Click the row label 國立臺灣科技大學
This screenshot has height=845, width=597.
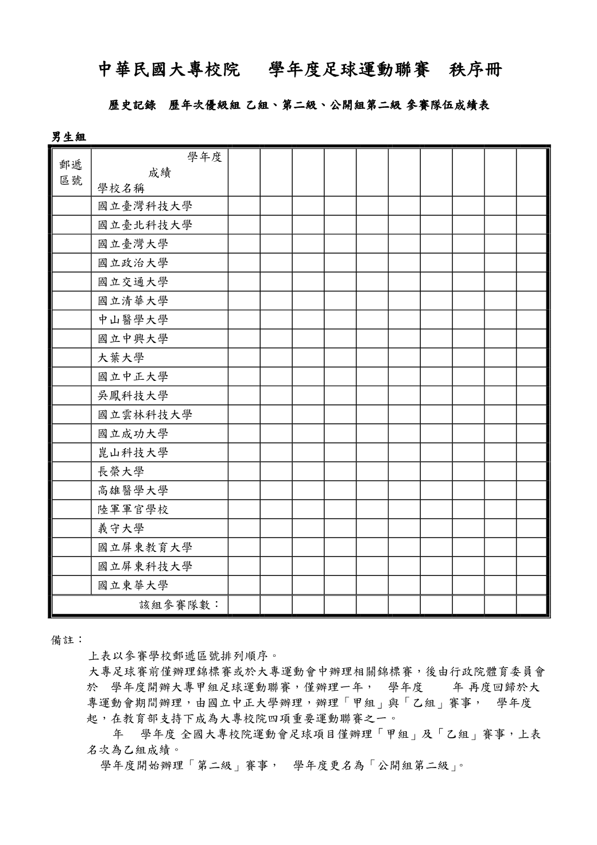tap(145, 207)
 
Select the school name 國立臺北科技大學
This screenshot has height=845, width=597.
tap(145, 225)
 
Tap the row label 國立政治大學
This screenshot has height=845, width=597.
tap(133, 263)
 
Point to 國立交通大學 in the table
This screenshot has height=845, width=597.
tap(133, 282)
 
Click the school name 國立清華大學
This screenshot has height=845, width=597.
tap(133, 301)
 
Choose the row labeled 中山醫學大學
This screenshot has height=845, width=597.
tap(133, 320)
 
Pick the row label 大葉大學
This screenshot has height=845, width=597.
tap(121, 358)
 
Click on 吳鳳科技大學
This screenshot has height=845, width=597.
tap(133, 396)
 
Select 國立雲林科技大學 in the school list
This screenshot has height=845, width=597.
tap(145, 415)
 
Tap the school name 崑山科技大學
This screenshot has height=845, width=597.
tap(133, 453)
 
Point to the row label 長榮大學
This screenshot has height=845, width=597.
tap(121, 472)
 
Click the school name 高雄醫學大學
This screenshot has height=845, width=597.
tap(133, 490)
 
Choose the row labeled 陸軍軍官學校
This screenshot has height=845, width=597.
tap(133, 509)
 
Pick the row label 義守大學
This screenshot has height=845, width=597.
tap(121, 528)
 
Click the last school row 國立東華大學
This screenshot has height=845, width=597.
tap(133, 585)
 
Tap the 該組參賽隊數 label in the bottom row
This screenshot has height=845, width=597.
tap(180, 605)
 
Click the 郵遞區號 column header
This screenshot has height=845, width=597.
tap(71, 173)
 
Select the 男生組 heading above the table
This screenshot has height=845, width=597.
tap(68, 137)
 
